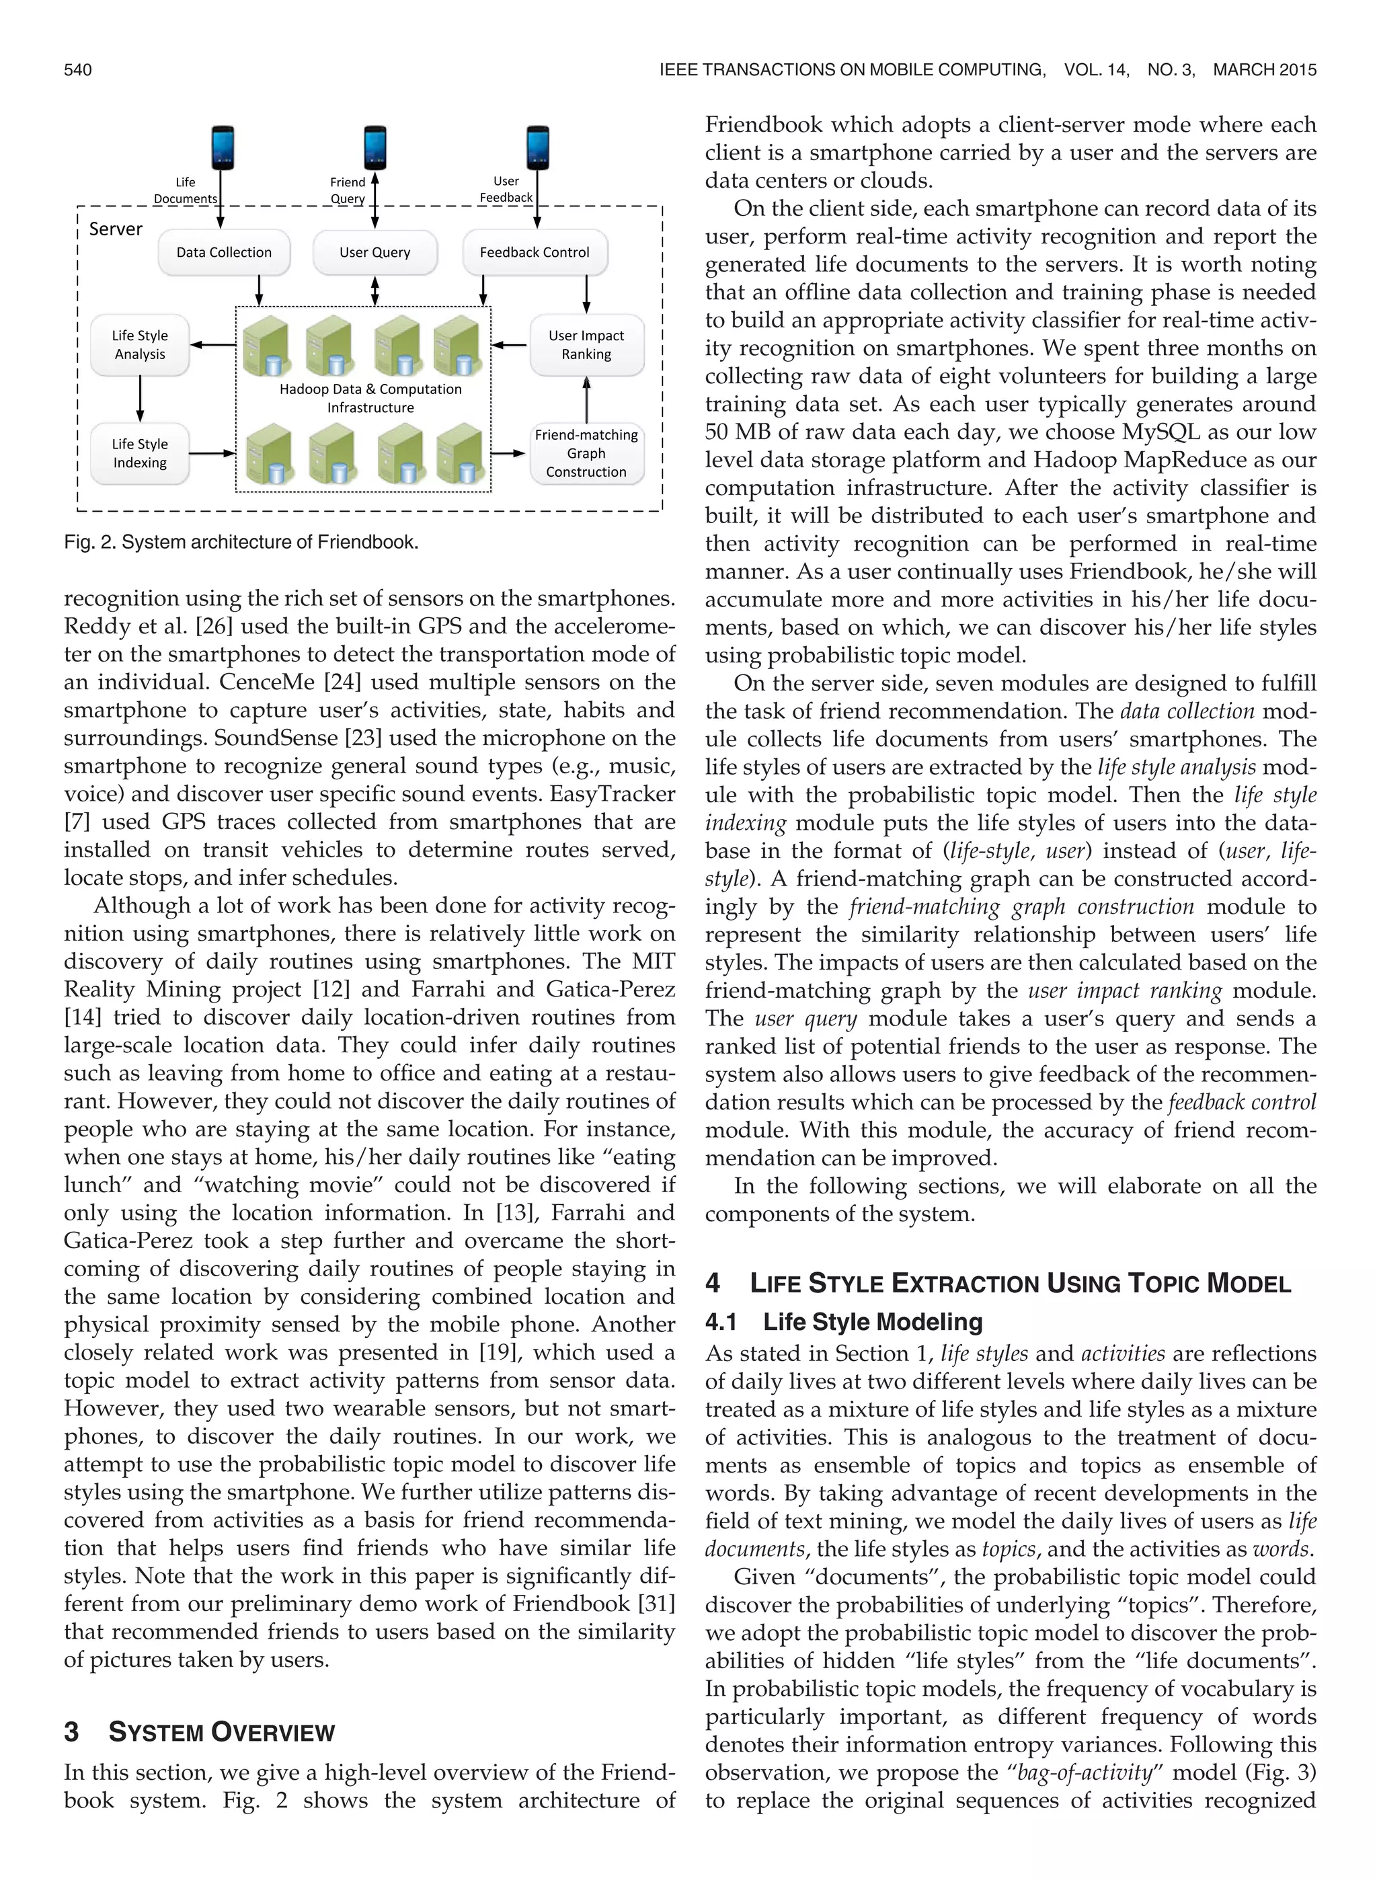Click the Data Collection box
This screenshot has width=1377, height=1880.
[x=223, y=253]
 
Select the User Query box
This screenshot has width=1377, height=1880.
[x=375, y=253]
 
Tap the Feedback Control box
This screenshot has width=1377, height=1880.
[x=535, y=253]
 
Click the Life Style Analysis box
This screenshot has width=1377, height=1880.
[x=140, y=345]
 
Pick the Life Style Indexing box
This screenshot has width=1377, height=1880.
[x=140, y=453]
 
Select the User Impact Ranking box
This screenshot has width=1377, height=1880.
[x=586, y=345]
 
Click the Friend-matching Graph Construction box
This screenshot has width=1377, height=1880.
[x=586, y=453]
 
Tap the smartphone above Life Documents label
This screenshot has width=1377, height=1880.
[x=222, y=147]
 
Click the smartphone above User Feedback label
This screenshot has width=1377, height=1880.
[x=538, y=147]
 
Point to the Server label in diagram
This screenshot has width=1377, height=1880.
[x=116, y=229]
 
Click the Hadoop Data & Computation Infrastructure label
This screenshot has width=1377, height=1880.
[x=370, y=398]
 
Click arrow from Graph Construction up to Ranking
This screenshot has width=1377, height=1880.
[x=586, y=400]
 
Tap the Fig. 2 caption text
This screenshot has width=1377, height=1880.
[x=241, y=543]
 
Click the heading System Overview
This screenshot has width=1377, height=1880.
[x=221, y=1733]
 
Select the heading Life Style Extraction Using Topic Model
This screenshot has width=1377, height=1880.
[x=1019, y=1284]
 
